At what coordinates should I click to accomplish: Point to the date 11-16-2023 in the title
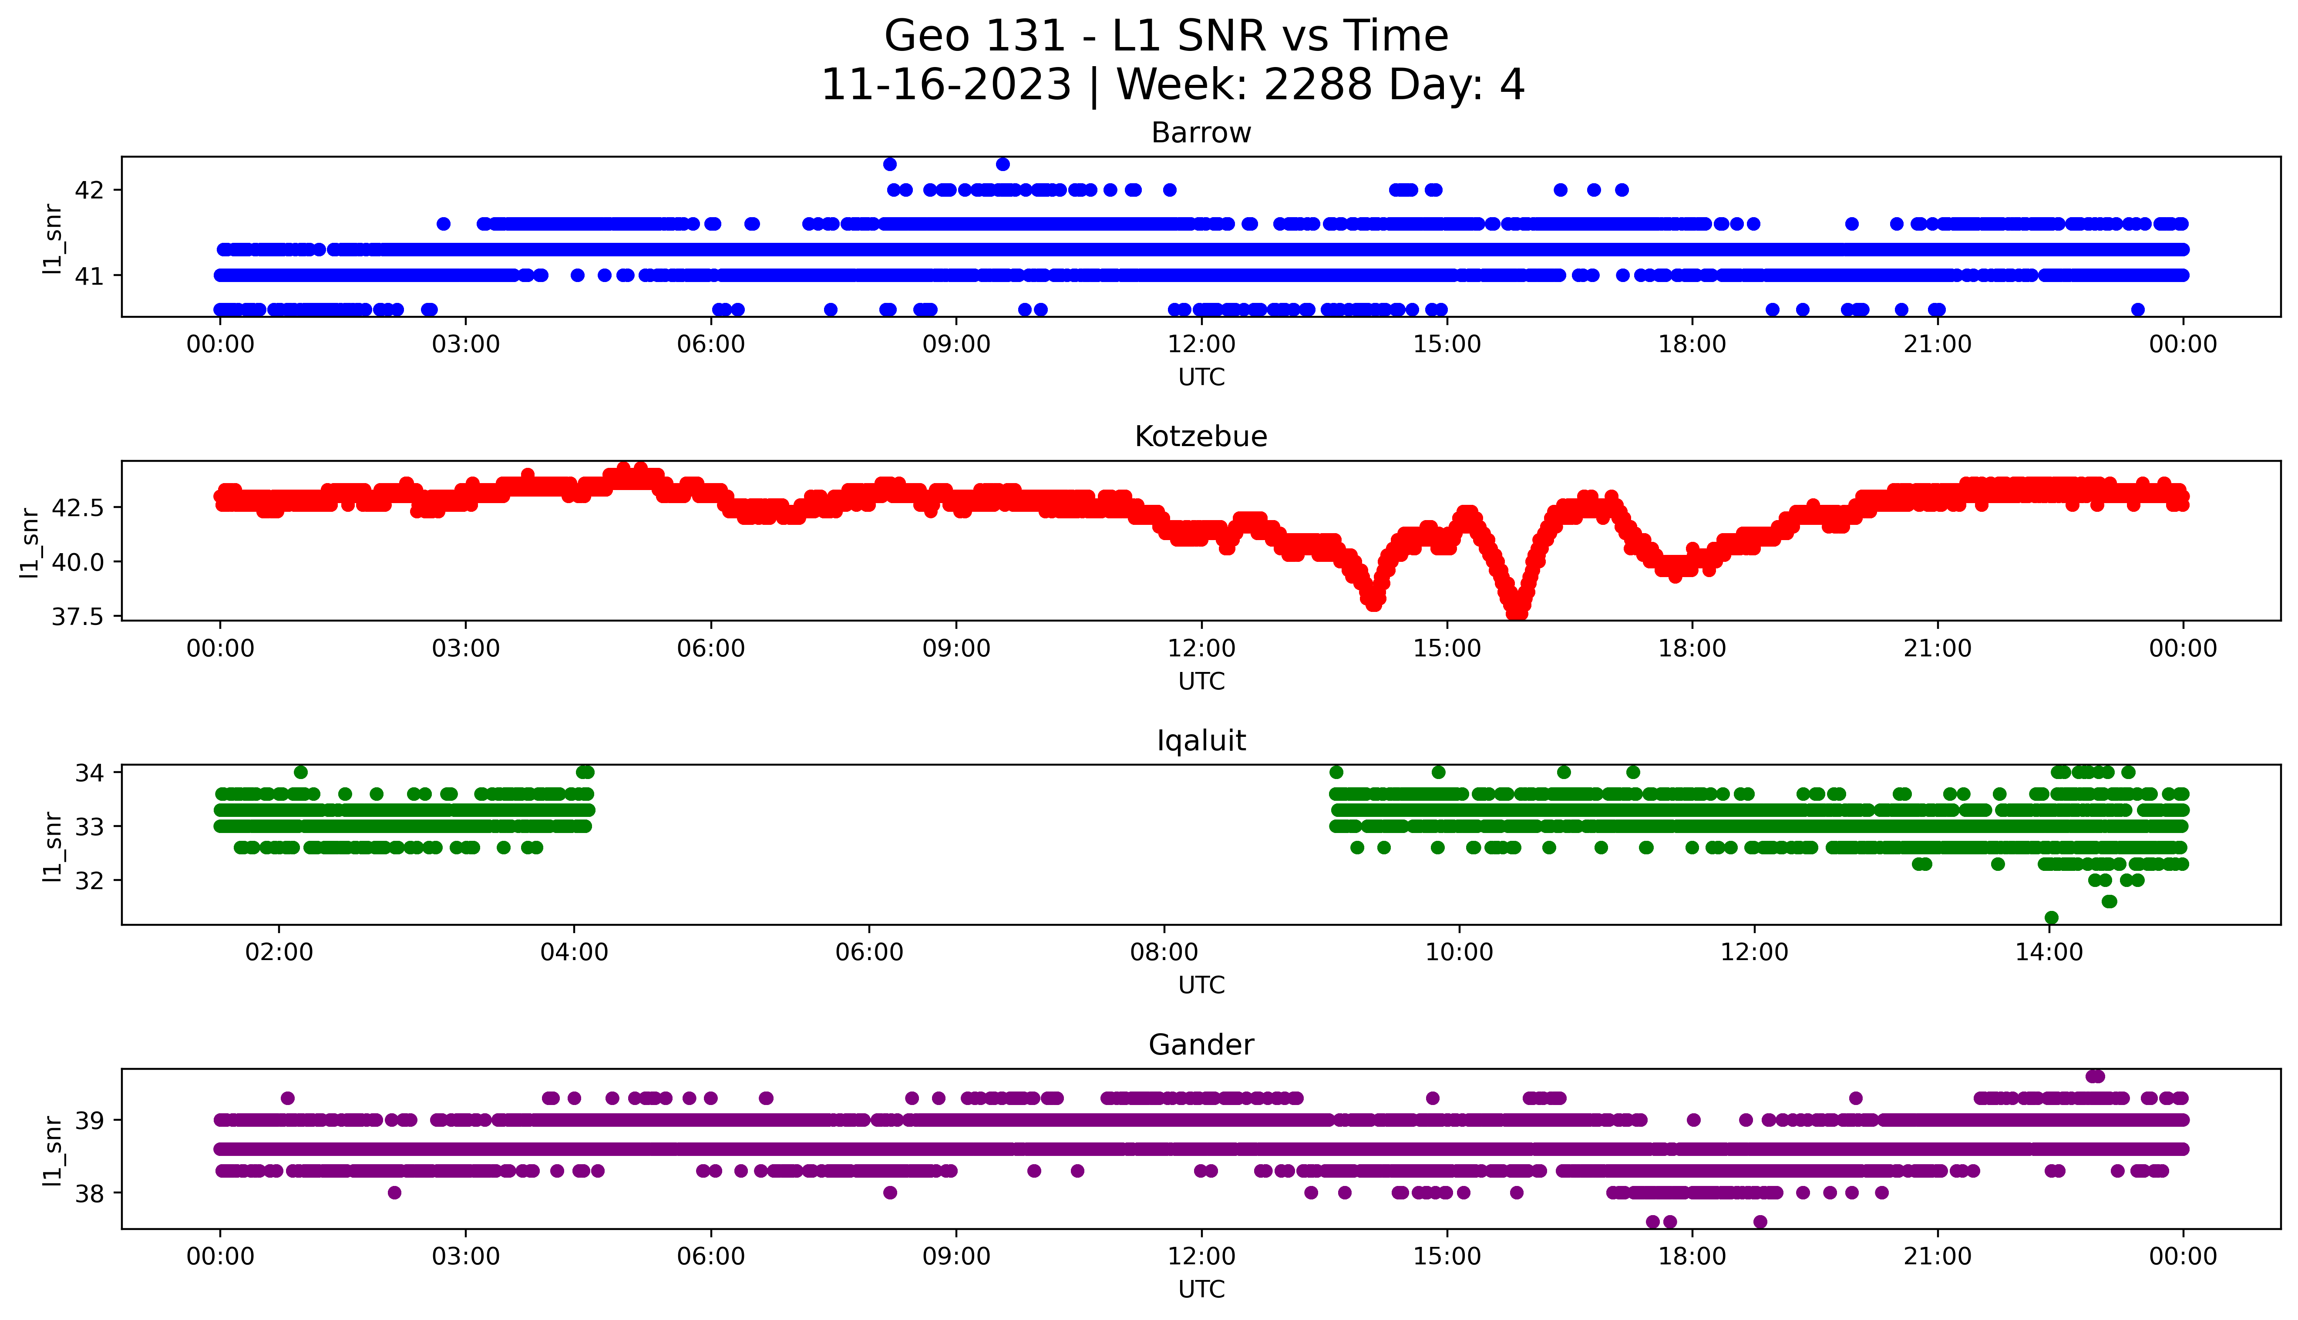pyautogui.click(x=945, y=85)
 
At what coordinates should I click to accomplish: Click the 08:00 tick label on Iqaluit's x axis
pyautogui.click(x=1164, y=953)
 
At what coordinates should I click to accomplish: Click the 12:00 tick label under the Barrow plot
pyautogui.click(x=1201, y=345)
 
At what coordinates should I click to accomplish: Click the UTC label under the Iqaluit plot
pyautogui.click(x=1201, y=985)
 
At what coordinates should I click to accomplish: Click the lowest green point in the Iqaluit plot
pyautogui.click(x=2052, y=917)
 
